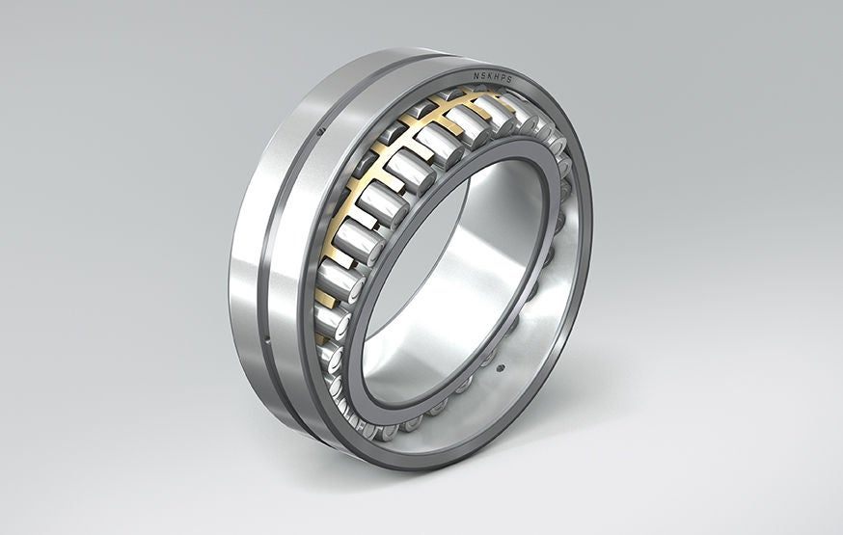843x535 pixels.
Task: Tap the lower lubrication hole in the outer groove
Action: [x=264, y=338]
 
